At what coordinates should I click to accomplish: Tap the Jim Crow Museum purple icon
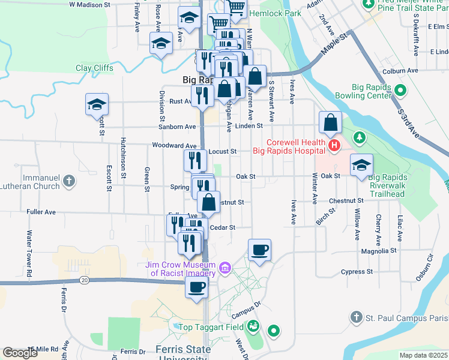(x=225, y=266)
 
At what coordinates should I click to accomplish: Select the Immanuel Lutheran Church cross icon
(x=70, y=180)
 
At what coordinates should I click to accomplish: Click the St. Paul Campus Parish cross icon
(x=356, y=317)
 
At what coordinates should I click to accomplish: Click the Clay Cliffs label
(x=94, y=68)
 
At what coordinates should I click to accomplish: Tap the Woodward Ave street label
(x=175, y=146)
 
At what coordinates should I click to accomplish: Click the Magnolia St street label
(x=377, y=250)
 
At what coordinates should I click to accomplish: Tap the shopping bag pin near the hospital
(x=330, y=122)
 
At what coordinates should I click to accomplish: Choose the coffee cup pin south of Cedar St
(x=259, y=249)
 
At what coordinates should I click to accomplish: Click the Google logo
(x=20, y=353)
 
